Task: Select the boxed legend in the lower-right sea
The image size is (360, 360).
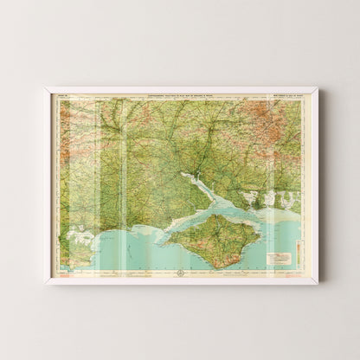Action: click(281, 257)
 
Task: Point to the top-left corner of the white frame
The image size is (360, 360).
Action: click(46, 87)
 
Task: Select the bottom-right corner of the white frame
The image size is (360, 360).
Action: click(318, 284)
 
